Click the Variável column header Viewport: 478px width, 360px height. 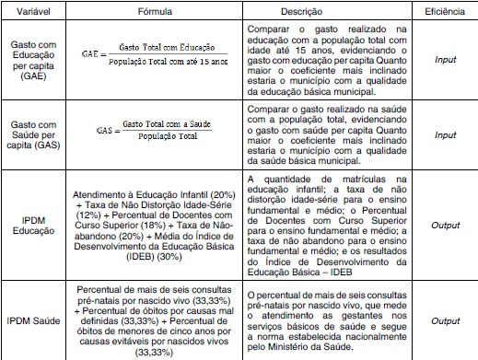pyautogui.click(x=32, y=12)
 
